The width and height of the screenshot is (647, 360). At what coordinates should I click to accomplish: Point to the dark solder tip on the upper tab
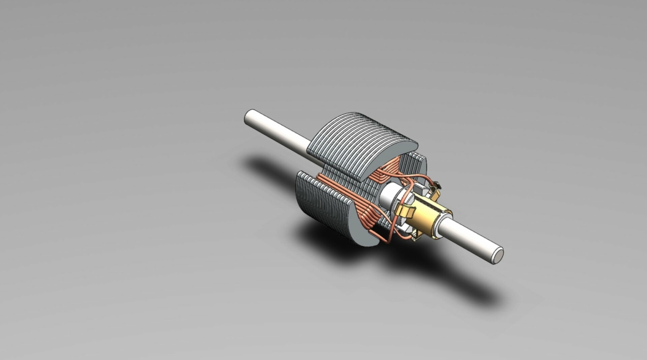pos(435,184)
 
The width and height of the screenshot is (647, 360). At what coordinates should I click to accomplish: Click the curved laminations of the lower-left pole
pos(322,202)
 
